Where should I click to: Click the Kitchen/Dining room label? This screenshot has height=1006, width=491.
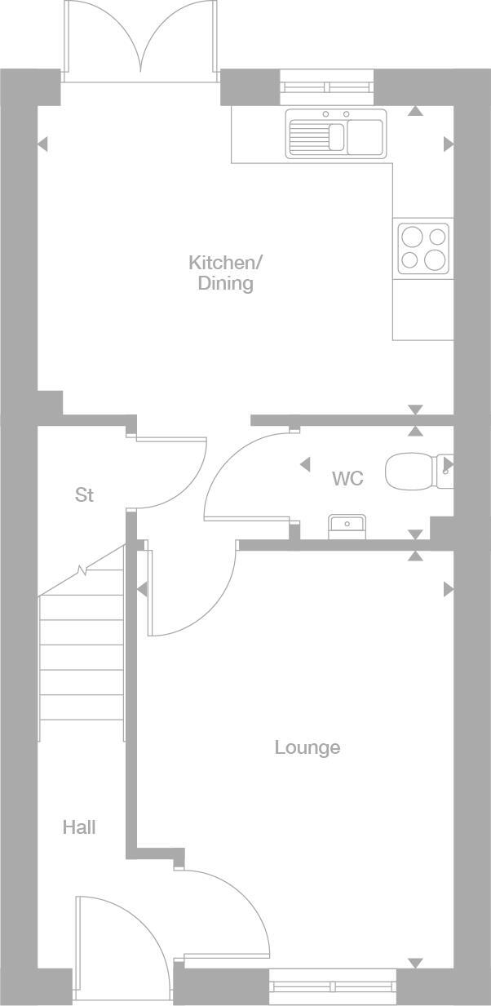(x=226, y=273)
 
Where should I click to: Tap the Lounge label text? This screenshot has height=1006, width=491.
(x=307, y=747)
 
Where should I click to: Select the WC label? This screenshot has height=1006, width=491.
(x=347, y=478)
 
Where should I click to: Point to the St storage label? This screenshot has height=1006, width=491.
(x=84, y=494)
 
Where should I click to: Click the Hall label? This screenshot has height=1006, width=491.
(x=79, y=827)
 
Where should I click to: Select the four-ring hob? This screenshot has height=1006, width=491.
(x=422, y=248)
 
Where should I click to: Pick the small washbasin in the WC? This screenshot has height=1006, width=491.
(x=347, y=527)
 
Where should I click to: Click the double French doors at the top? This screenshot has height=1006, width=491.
(x=141, y=41)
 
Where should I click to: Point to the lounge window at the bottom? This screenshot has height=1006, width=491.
(x=333, y=986)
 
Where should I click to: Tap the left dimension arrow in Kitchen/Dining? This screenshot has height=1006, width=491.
(x=42, y=144)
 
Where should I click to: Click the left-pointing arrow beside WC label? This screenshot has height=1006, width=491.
(x=305, y=464)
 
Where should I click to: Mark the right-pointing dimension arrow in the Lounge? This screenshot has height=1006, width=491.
(x=448, y=588)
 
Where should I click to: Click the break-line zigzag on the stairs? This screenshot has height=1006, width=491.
(x=82, y=570)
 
